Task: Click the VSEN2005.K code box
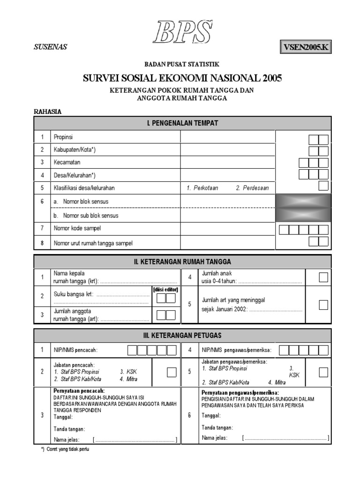306,47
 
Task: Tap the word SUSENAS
50,47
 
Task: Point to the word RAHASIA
48,112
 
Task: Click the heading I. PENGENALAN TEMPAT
182,123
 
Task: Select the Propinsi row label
63,137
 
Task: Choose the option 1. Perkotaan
202,188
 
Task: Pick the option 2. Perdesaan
252,188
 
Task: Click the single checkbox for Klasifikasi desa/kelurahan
323,186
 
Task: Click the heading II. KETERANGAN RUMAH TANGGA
182,262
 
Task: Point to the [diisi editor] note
165,290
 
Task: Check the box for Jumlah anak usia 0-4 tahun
323,277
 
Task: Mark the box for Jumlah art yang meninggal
323,305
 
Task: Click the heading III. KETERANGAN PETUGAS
182,335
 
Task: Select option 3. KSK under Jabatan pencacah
128,372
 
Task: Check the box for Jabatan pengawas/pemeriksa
323,372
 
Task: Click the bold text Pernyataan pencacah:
79,390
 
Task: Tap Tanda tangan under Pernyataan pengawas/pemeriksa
217,427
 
